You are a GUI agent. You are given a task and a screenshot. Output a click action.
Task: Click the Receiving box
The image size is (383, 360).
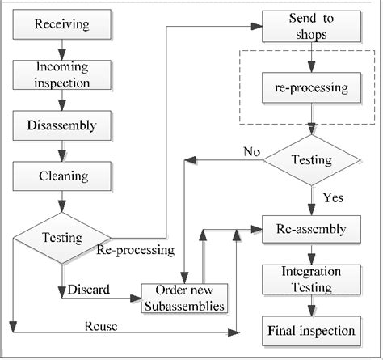pos(62,23)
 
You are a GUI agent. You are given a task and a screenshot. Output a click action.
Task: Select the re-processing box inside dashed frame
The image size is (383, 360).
pos(312,85)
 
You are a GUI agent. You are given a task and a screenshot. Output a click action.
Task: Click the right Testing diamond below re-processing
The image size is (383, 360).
pos(312,159)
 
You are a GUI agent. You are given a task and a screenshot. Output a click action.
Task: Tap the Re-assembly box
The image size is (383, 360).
pos(312,229)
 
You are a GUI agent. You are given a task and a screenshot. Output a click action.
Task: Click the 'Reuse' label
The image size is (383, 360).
pos(102,326)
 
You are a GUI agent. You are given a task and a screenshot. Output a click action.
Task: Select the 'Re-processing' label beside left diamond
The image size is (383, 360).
pos(135,250)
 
